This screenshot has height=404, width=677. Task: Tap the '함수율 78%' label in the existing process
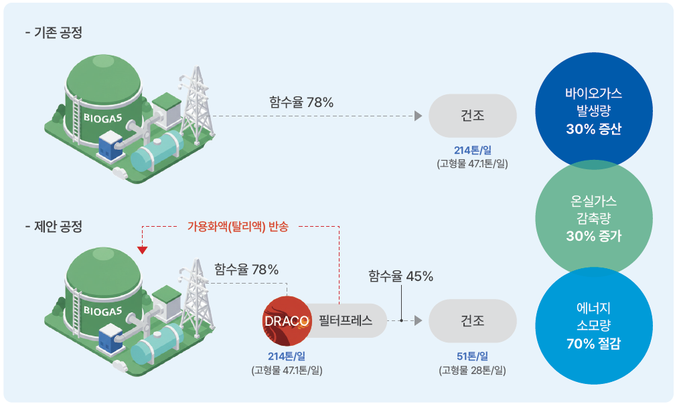(301, 103)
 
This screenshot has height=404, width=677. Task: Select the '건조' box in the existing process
(472, 115)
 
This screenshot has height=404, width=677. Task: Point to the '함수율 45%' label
(401, 276)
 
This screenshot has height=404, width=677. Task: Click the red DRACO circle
(287, 320)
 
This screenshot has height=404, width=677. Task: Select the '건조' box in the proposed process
(472, 320)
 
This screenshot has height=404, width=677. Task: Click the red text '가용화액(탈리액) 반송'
(238, 226)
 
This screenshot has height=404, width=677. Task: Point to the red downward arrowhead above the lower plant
(142, 249)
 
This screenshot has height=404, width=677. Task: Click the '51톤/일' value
(472, 356)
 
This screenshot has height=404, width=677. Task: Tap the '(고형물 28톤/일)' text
(472, 370)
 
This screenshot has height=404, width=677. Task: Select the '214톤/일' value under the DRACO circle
(287, 356)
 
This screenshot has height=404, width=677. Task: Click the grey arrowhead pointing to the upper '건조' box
(418, 116)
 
